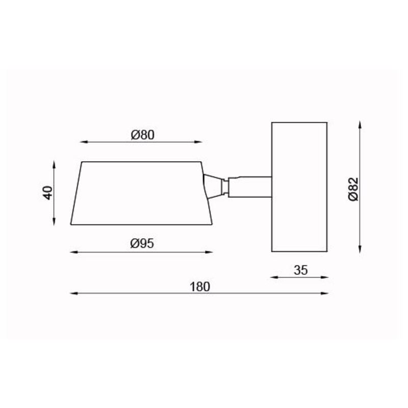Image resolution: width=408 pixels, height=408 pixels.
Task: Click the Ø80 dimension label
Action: pos(142,135)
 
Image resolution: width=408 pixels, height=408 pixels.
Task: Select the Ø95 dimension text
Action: pos(142,244)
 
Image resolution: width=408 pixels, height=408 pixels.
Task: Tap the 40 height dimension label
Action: pos(48,193)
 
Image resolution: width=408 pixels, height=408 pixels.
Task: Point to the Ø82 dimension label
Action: pos(353,189)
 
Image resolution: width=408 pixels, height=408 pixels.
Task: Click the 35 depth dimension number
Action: pos(300,270)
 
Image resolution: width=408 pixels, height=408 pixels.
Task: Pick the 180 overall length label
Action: pos(200,287)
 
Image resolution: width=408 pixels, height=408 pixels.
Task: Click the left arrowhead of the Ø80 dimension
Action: pos(83,142)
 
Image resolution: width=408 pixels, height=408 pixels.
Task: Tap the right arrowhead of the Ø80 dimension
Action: pos(198,142)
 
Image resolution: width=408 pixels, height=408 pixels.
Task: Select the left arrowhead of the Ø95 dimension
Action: pos(74,252)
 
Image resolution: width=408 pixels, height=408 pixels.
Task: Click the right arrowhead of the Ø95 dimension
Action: pos(209,252)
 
